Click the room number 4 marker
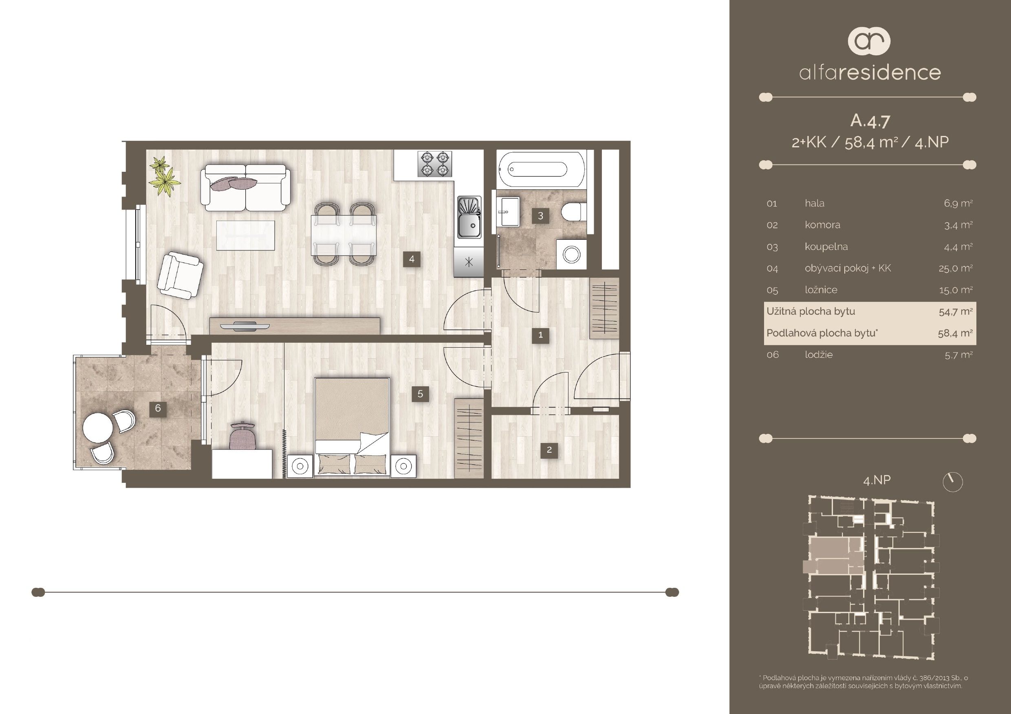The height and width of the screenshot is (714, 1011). point(411,259)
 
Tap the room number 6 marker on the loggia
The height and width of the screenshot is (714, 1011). point(158,408)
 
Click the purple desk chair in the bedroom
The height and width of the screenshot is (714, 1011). point(242,436)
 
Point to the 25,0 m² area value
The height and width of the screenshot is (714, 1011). point(955,268)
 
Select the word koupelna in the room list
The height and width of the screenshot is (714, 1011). point(826,246)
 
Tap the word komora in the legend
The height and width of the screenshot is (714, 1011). point(822,225)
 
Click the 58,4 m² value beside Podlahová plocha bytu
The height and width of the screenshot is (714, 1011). point(955,333)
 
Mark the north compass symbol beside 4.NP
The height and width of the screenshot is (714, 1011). point(952,482)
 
